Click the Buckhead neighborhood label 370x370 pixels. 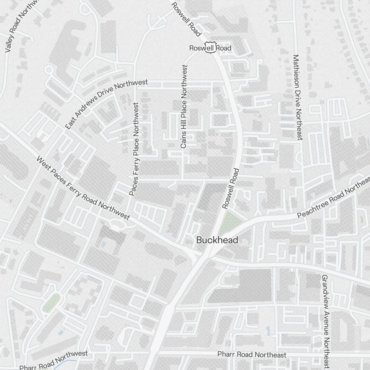pos(217,240)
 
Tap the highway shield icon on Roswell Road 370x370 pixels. pos(210,47)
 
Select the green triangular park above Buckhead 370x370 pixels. pos(231,221)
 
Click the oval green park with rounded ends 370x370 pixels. pos(52,302)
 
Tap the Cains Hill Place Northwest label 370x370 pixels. pos(184,107)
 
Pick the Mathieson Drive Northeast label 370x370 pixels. pos(297,97)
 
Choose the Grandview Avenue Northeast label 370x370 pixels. pos(326,321)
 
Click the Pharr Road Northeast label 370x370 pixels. pos(252,354)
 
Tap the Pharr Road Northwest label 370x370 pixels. pos(54,360)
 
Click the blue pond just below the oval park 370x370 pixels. pos(60,333)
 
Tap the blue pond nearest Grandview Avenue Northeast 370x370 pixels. pos(268,329)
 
